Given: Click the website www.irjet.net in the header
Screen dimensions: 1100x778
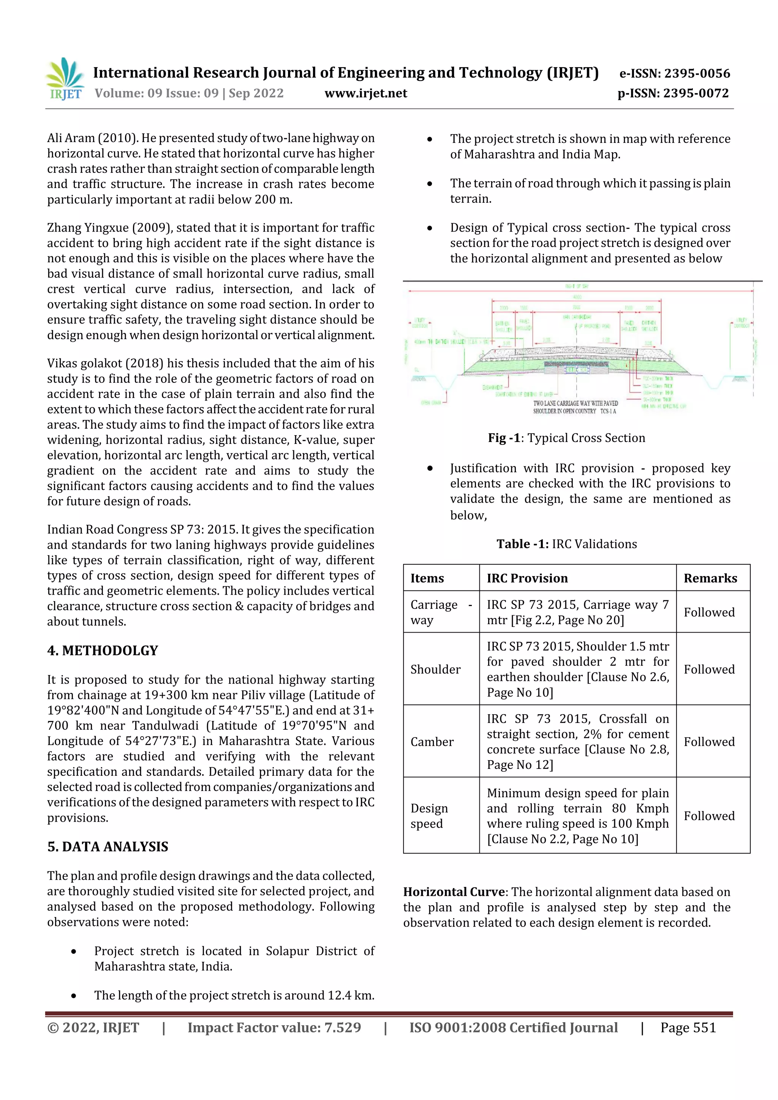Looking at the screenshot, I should pyautogui.click(x=365, y=93).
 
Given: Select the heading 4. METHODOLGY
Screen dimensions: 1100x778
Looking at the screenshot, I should pyautogui.click(x=103, y=650).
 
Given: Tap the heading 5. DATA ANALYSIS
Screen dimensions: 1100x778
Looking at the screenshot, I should pyautogui.click(x=108, y=847).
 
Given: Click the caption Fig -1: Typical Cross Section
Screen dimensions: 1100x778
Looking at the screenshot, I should pyautogui.click(x=567, y=437).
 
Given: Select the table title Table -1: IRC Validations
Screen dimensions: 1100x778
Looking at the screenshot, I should pyautogui.click(x=567, y=544).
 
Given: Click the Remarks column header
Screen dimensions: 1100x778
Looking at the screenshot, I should pyautogui.click(x=710, y=578).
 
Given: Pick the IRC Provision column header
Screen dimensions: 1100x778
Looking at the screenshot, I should pyautogui.click(x=527, y=578).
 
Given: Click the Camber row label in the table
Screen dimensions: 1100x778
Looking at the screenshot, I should pyautogui.click(x=432, y=742).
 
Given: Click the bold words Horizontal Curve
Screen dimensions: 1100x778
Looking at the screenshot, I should pyautogui.click(x=454, y=892).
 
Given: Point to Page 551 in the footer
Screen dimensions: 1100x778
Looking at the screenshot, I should pyautogui.click(x=688, y=1027).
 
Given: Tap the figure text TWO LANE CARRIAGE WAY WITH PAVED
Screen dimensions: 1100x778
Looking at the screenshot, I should pyautogui.click(x=575, y=403).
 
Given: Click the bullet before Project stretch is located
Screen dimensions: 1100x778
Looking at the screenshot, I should pyautogui.click(x=73, y=951).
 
